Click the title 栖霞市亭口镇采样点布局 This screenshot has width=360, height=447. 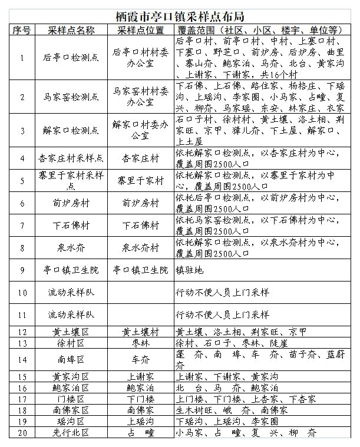(x=180, y=16)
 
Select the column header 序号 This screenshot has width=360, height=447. (x=22, y=29)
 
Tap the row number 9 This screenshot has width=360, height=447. (x=22, y=270)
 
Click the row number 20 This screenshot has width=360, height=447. (x=22, y=433)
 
